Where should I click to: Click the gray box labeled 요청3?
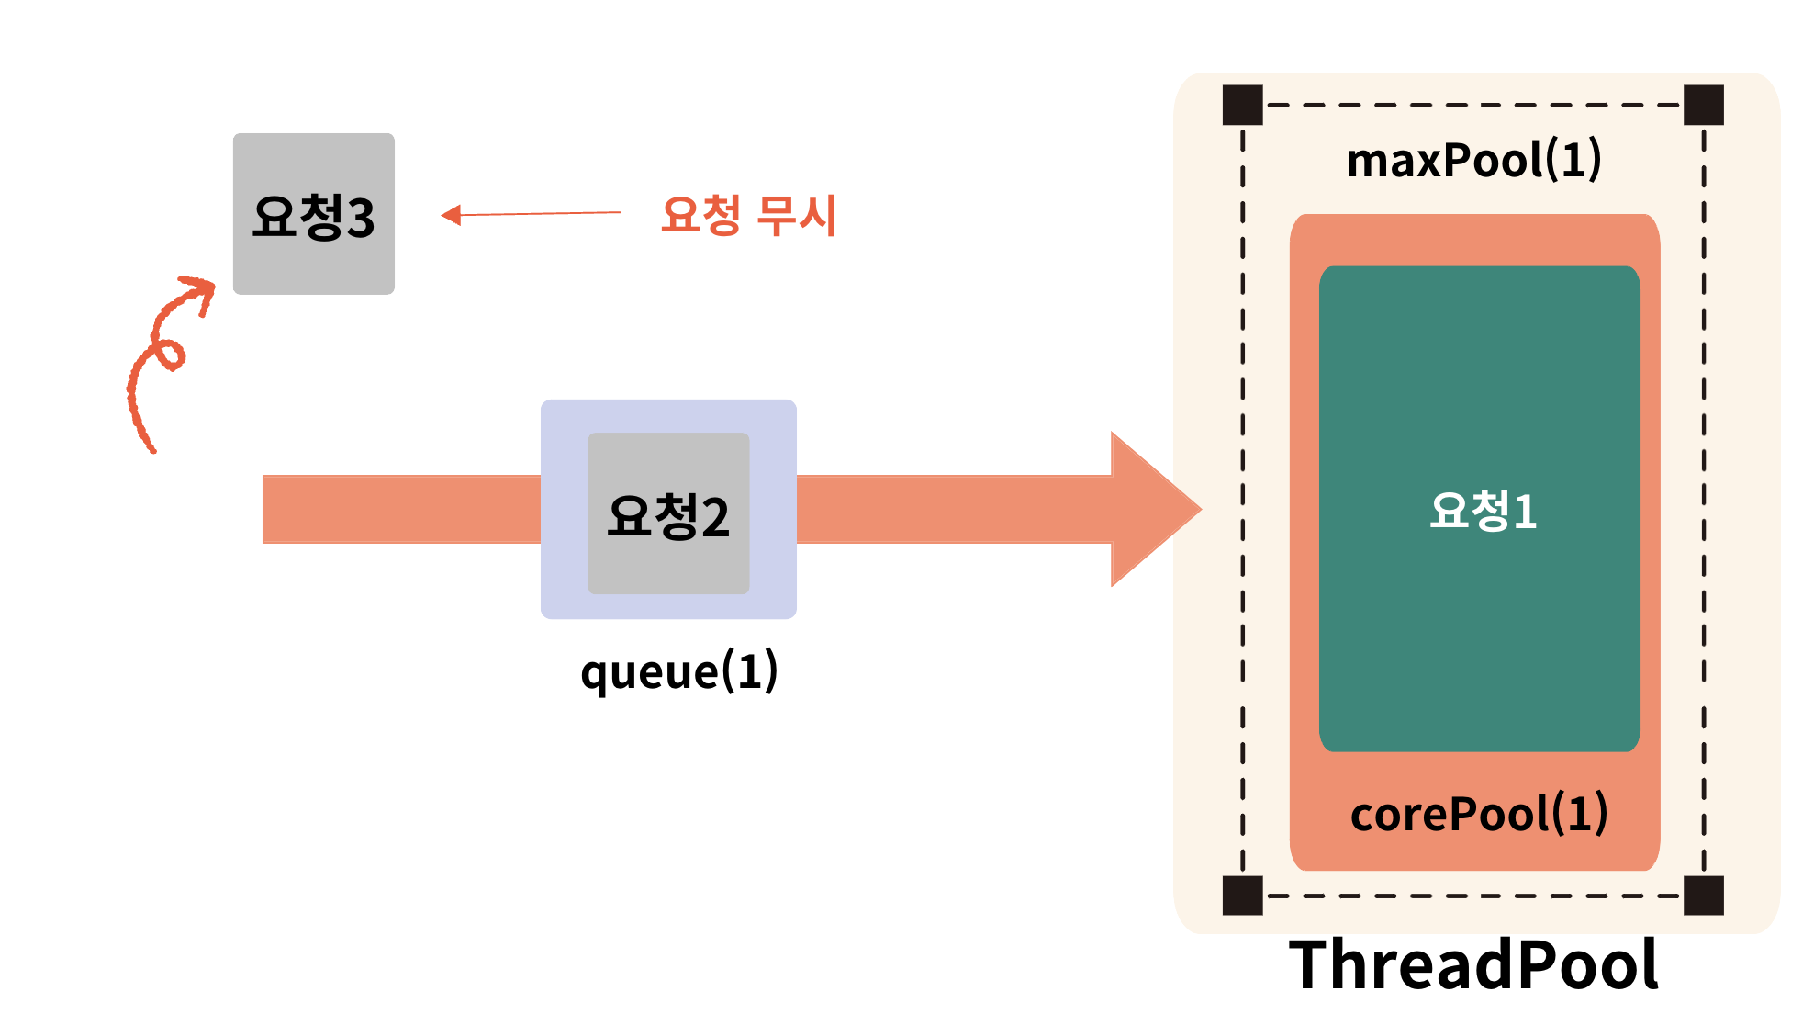[x=313, y=213]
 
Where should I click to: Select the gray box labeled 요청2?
[x=668, y=513]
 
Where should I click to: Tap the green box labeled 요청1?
[x=1479, y=508]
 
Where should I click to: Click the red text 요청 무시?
[x=748, y=216]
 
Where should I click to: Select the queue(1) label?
[x=678, y=671]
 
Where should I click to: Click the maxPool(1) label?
[x=1473, y=160]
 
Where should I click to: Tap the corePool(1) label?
[x=1478, y=814]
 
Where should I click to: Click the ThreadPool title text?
[x=1473, y=964]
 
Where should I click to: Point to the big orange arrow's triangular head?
[x=1152, y=509]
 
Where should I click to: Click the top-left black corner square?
[x=1243, y=105]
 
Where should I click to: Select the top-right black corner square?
[x=1704, y=105]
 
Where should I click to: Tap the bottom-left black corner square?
[x=1243, y=895]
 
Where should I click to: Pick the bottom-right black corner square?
[x=1704, y=895]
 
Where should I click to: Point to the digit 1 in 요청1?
[x=1525, y=512]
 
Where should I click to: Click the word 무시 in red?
[x=797, y=216]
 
